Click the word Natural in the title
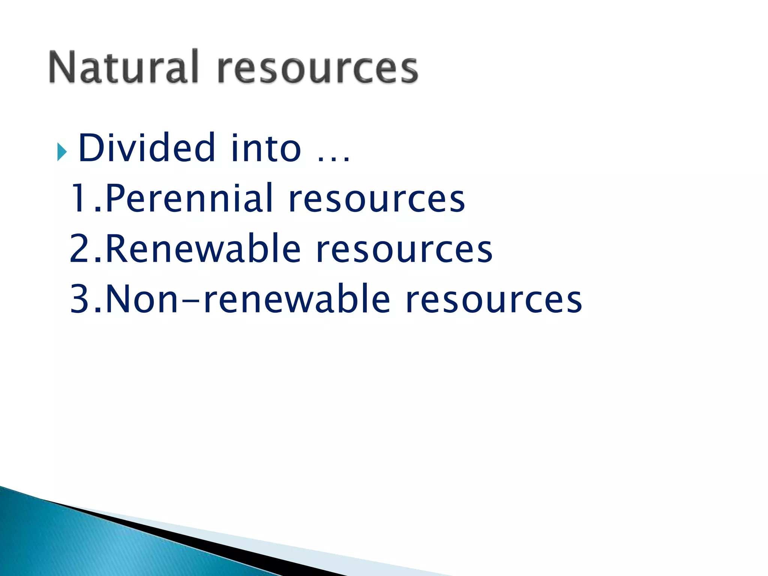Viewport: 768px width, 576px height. click(123, 67)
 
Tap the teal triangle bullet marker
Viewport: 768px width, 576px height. click(62, 152)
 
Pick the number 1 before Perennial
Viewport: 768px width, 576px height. click(80, 198)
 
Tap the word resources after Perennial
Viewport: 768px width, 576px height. click(376, 199)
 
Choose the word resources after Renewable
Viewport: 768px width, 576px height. click(404, 250)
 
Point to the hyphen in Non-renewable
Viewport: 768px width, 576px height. click(191, 300)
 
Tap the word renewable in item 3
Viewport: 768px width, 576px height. click(297, 299)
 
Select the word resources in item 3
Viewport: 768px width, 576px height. click(494, 300)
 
